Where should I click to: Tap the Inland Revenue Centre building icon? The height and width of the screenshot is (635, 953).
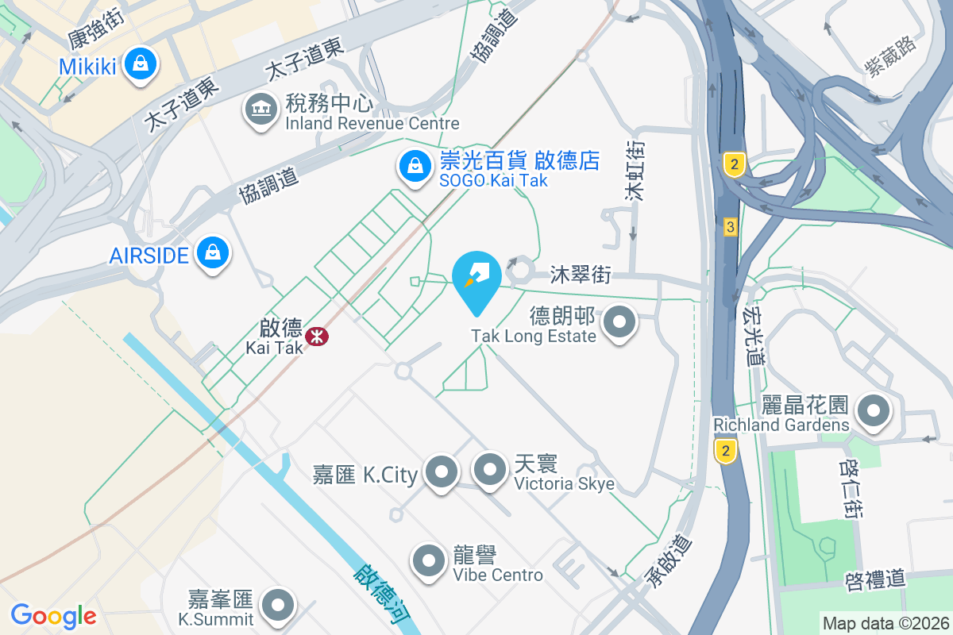point(260,109)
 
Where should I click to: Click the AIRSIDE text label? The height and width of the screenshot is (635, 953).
point(149,256)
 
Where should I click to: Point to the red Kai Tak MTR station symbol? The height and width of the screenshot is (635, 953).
point(318,336)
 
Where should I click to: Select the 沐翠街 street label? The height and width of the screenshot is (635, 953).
point(581,275)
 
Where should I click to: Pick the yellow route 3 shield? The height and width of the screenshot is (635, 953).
point(731,228)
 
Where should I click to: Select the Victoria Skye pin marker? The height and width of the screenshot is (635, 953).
point(490,469)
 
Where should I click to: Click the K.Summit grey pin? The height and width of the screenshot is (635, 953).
point(278,605)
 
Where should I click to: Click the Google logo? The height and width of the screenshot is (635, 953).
point(53,615)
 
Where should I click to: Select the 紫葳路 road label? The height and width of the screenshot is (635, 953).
point(891,56)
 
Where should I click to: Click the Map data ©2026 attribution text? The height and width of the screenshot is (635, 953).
point(885,623)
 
